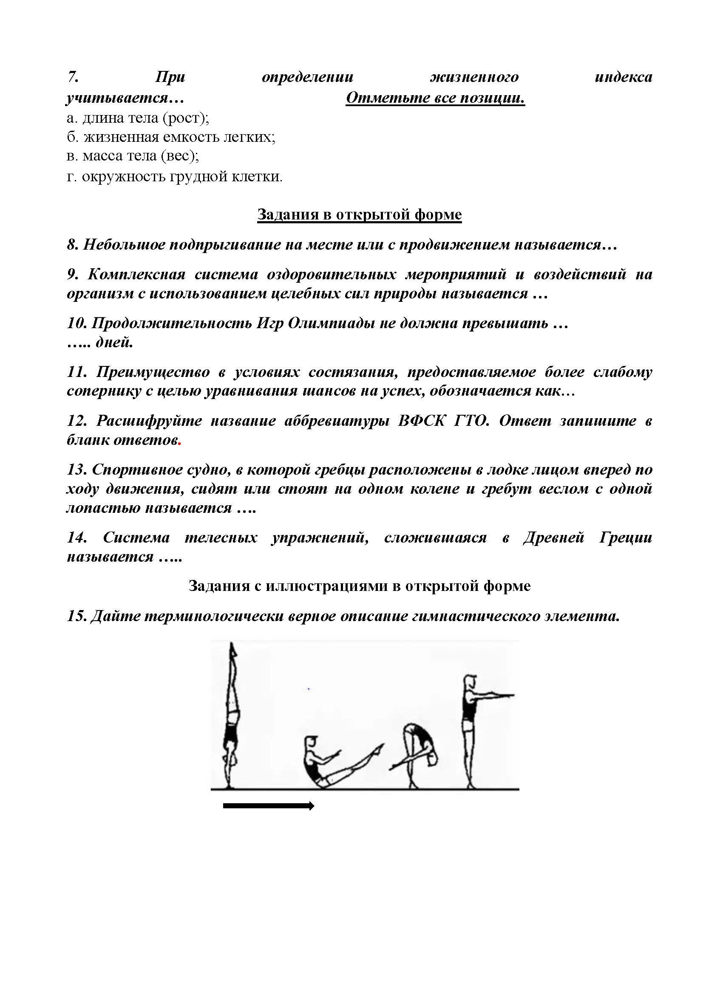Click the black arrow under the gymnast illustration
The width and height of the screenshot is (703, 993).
pyautogui.click(x=268, y=805)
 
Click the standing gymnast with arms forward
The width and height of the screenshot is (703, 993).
pyautogui.click(x=474, y=726)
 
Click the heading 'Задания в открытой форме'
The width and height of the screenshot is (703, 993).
pyautogui.click(x=359, y=214)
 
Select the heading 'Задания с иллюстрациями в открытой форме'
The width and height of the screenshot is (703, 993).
pyautogui.click(x=359, y=586)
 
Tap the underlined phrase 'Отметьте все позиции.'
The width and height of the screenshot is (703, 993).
pyautogui.click(x=435, y=98)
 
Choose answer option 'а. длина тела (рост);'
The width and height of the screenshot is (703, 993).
pyautogui.click(x=138, y=118)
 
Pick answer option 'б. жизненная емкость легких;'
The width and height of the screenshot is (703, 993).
pyautogui.click(x=171, y=137)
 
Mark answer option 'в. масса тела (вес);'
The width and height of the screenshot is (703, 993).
pyautogui.click(x=133, y=156)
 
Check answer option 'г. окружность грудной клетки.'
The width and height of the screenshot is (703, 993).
pyautogui.click(x=174, y=177)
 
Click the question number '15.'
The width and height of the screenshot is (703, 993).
pyautogui.click(x=76, y=616)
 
